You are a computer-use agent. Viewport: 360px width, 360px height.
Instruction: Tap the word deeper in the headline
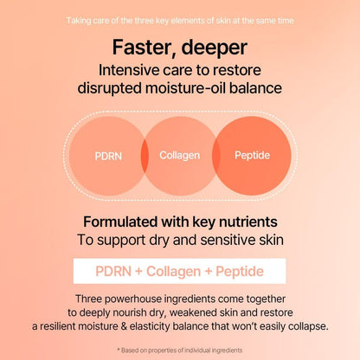click(x=214, y=47)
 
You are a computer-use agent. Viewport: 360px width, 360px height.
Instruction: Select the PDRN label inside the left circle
click(x=109, y=157)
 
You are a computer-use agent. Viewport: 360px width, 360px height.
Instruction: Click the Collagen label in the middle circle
click(x=179, y=155)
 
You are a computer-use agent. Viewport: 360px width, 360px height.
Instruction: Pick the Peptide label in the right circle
click(x=251, y=155)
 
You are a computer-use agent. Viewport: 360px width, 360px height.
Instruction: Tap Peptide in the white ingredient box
click(x=241, y=271)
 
